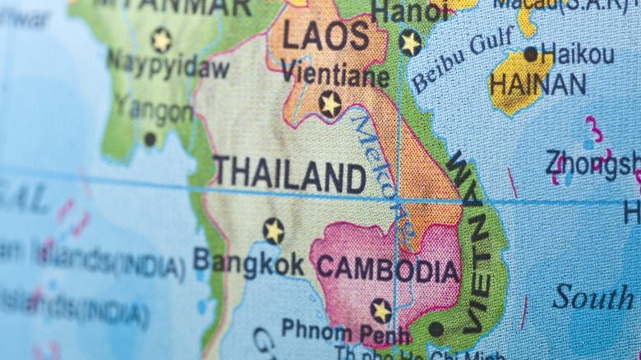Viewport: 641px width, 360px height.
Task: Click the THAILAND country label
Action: [289, 175]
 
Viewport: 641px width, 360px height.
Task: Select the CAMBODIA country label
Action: [388, 269]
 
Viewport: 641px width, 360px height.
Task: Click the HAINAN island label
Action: [537, 84]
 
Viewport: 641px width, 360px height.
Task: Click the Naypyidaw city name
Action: [168, 66]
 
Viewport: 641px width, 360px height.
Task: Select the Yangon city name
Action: [153, 108]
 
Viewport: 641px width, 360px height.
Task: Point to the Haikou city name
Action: [577, 55]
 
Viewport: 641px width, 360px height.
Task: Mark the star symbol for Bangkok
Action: [274, 230]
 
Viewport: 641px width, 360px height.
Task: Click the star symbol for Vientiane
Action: [330, 104]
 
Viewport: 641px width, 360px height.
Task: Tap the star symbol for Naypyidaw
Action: [160, 39]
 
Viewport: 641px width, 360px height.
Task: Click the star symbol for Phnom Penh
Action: [380, 311]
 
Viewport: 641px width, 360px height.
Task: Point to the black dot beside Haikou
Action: [531, 54]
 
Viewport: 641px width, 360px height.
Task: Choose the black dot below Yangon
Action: [150, 140]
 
